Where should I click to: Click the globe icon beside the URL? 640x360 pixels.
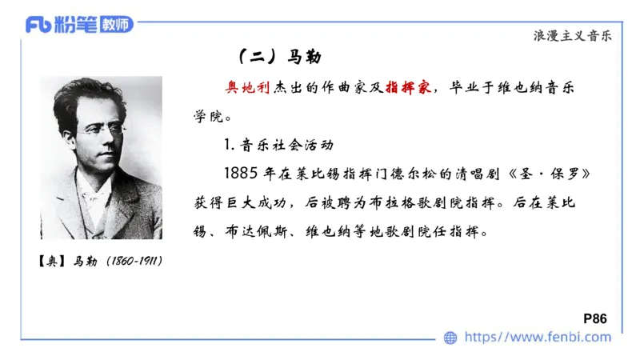click(451, 338)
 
